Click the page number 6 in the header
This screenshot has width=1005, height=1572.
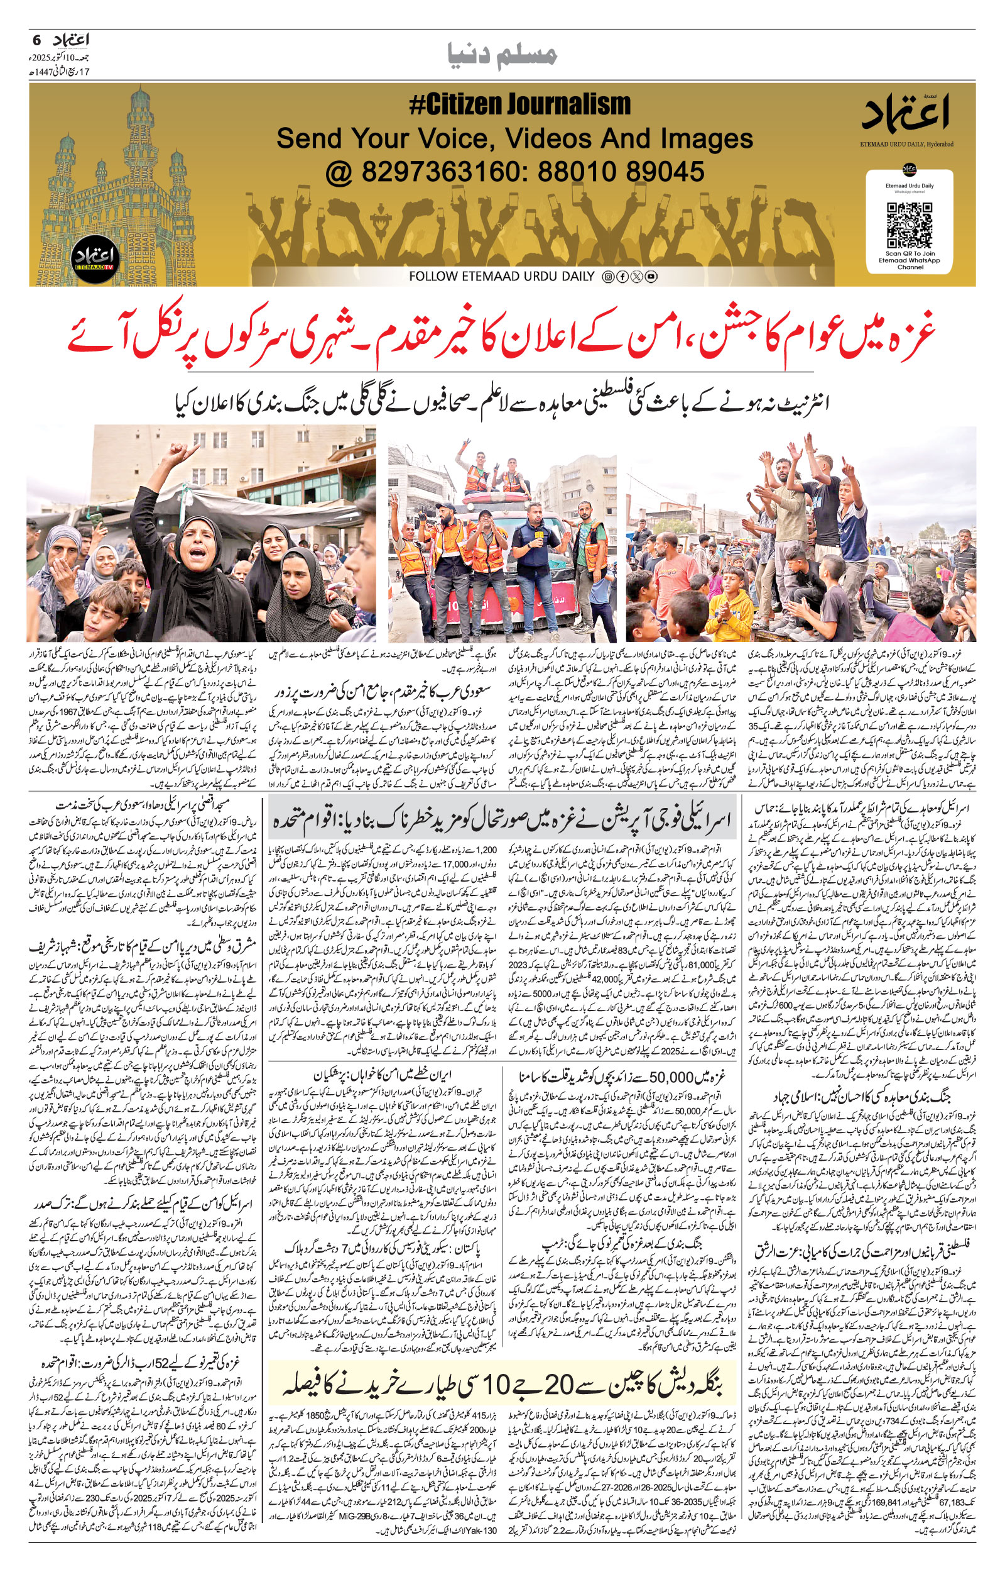(36, 40)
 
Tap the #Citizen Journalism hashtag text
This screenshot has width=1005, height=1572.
(519, 104)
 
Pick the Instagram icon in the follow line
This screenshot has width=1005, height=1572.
(607, 277)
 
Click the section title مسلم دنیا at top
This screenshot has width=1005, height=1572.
(503, 56)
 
